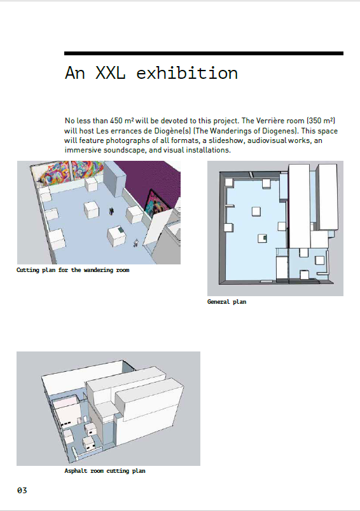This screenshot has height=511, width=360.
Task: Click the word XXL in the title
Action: (x=110, y=72)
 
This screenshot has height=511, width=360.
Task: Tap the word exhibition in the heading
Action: (x=187, y=72)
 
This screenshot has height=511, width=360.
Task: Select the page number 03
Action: (x=22, y=490)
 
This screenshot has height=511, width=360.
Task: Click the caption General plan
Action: (x=226, y=302)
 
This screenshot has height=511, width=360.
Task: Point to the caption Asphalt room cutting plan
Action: (x=105, y=471)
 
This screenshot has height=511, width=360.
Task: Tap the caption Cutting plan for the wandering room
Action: (x=73, y=270)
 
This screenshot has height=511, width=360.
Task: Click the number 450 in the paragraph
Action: (x=116, y=121)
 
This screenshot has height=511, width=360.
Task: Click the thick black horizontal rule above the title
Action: (x=204, y=53)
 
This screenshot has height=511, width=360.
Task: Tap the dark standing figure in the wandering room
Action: (x=111, y=211)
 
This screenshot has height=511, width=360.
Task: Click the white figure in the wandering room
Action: (x=136, y=243)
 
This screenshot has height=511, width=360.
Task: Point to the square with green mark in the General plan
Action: (x=263, y=238)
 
